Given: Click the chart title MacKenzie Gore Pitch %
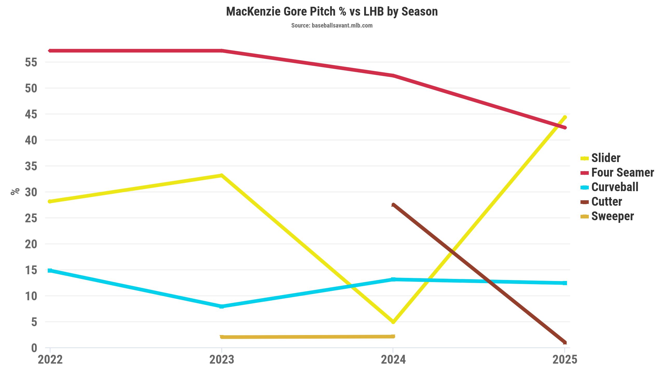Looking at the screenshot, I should (332, 12).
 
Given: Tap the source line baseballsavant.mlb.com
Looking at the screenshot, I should (332, 25).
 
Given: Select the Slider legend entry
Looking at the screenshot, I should (606, 158).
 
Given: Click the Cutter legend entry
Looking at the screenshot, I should (606, 202).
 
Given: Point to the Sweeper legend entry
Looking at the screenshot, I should (612, 216).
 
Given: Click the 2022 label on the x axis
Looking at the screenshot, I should (50, 360).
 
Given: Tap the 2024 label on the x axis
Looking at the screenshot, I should (393, 360).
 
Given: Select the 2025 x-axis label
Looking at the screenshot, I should (565, 360).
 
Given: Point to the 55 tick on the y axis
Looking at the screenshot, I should (31, 62).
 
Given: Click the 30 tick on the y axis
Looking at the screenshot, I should (31, 192).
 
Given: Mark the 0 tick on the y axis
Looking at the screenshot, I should (34, 348).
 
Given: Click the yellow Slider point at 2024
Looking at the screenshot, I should (393, 322).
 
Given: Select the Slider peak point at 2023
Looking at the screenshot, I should (222, 176).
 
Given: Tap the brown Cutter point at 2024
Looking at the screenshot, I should (393, 205).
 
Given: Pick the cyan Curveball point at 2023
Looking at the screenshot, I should (222, 306).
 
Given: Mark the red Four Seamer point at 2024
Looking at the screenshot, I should (393, 76).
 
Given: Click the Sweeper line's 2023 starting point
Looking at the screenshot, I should (222, 337).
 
